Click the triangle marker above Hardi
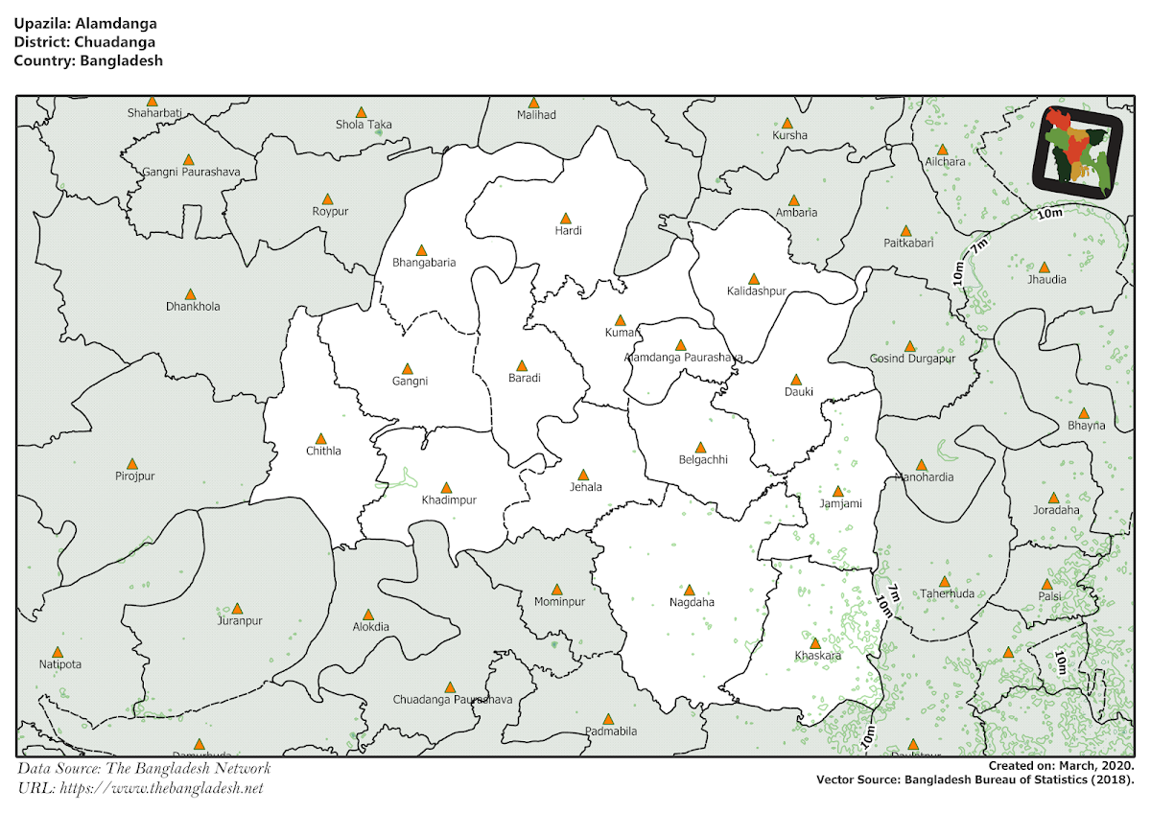[x=565, y=219]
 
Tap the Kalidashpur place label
[x=756, y=290]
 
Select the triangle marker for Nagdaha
[x=689, y=590]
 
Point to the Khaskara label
[x=817, y=656]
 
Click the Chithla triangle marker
[x=322, y=438]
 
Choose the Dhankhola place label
[x=193, y=307]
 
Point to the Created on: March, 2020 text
[x=1062, y=767]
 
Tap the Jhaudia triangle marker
[x=1044, y=267]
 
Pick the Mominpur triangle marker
[x=556, y=590]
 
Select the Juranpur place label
[x=239, y=620]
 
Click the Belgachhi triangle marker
[x=700, y=447]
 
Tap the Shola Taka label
[x=364, y=125]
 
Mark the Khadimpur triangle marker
[x=446, y=487]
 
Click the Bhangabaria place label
[x=424, y=262]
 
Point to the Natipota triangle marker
[x=58, y=652]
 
